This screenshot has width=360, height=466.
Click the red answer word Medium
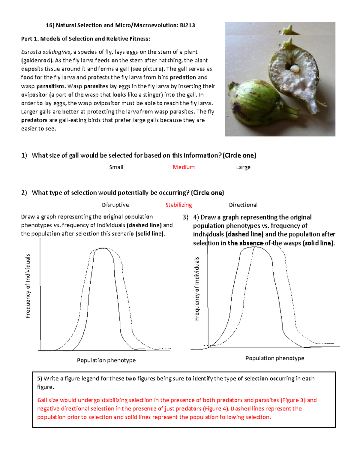pos(184,167)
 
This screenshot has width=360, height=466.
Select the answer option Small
pos(116,167)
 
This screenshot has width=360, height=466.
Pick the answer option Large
pos(243,167)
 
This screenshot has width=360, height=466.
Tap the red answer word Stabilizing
pos(178,205)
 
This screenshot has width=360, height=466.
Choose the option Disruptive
pos(115,205)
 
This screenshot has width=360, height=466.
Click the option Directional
pos(243,205)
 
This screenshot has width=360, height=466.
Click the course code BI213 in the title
pos(187,25)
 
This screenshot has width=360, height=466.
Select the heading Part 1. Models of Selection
pos(85,39)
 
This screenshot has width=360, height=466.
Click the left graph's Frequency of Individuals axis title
pos(28,286)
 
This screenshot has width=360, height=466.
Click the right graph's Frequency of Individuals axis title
pos(197,289)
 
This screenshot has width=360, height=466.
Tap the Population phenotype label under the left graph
pos(106,360)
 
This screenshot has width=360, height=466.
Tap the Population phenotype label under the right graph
pos(275,358)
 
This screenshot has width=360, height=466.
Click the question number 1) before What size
pos(24,155)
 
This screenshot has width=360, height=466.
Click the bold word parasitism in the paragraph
pos(50,86)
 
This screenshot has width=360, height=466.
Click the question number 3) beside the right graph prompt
pos(185,217)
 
